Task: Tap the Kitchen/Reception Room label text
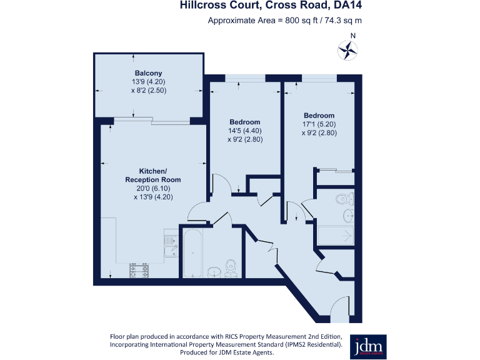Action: pos(153,176)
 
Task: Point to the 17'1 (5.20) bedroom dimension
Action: pos(319,124)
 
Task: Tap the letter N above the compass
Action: pos(353,36)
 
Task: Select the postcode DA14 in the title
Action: pos(347,6)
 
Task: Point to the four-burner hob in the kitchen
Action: pos(139,269)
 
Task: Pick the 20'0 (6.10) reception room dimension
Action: pos(153,188)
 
